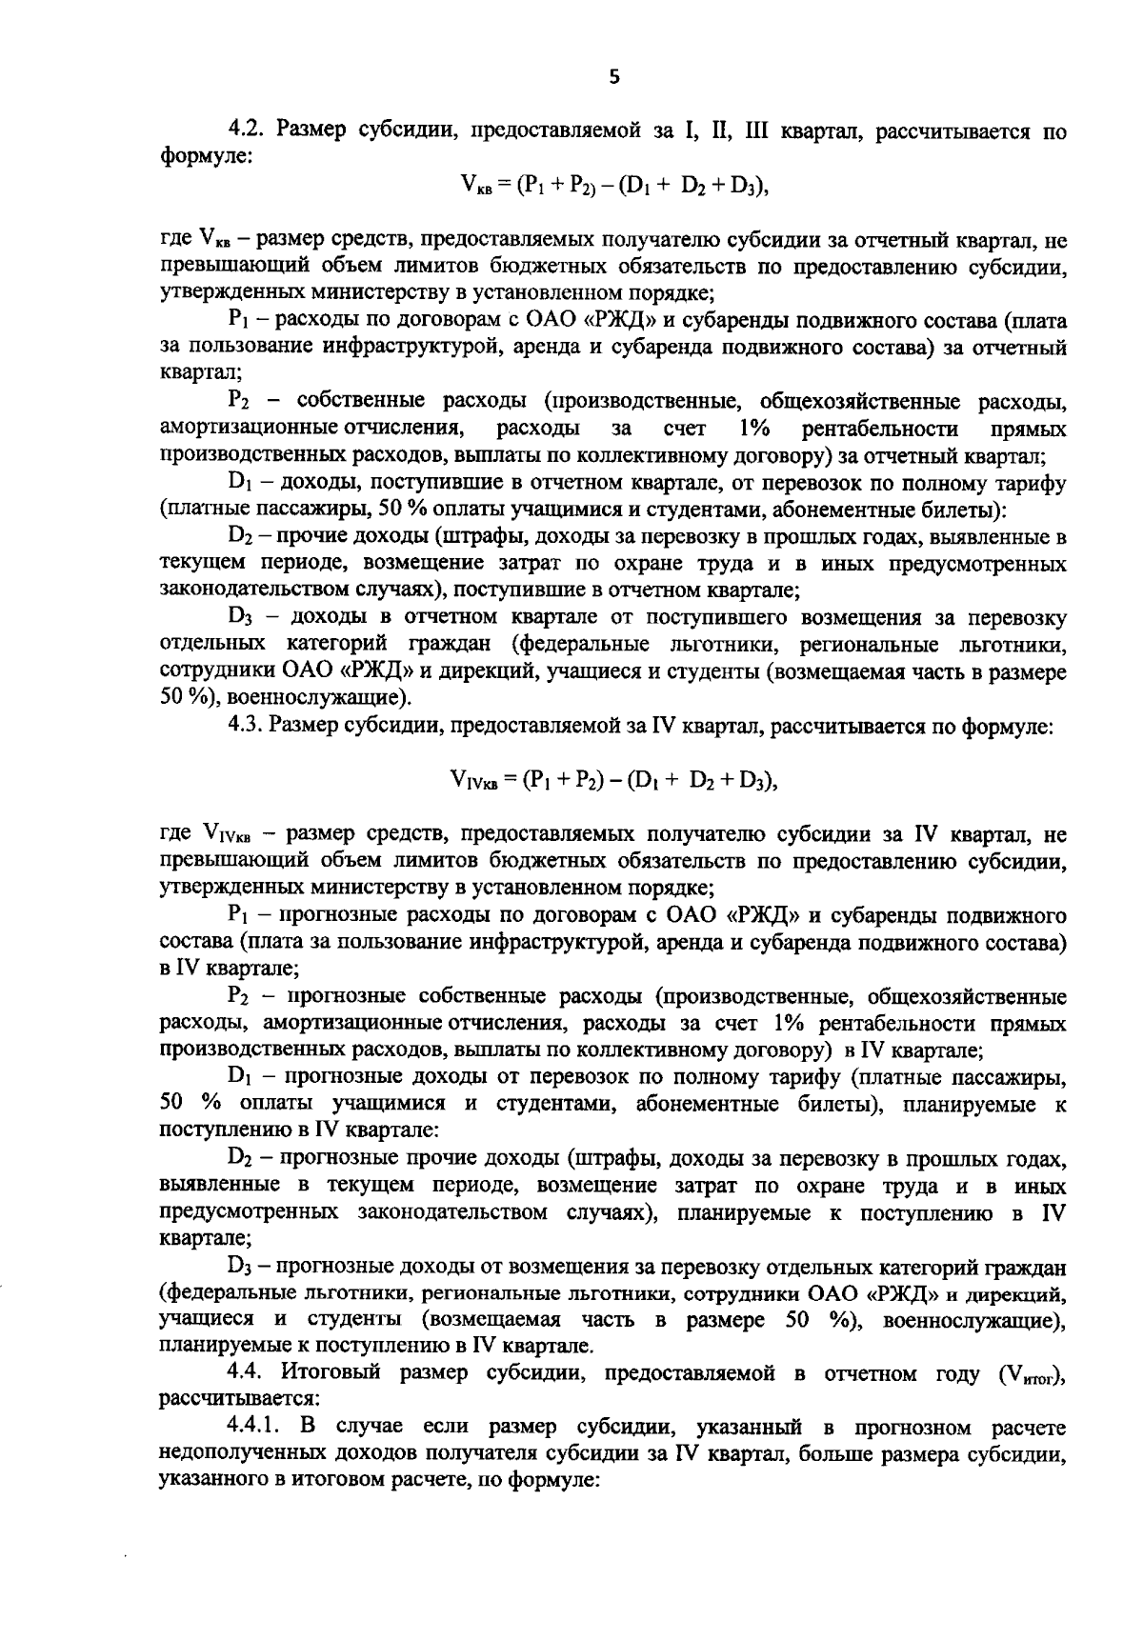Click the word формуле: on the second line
coord(205,155)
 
